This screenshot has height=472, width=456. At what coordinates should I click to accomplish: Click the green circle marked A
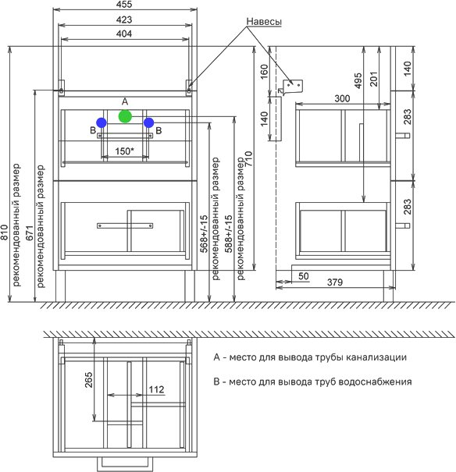(x=125, y=116)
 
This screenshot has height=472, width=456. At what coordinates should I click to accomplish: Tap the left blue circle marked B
(x=102, y=122)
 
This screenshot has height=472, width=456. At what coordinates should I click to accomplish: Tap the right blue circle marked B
(x=149, y=122)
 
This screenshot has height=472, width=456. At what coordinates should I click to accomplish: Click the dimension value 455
(x=124, y=5)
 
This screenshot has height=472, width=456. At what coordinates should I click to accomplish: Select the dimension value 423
(x=124, y=20)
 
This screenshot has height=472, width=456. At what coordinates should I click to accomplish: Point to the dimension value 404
(x=124, y=34)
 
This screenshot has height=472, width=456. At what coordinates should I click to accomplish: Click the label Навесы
(x=264, y=22)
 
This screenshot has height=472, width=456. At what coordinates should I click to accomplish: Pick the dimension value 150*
(x=124, y=151)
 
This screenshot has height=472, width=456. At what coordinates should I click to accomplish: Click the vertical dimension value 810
(x=5, y=232)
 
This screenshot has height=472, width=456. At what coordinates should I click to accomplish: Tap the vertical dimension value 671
(x=30, y=233)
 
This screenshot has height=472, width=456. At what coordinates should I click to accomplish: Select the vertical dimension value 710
(x=248, y=159)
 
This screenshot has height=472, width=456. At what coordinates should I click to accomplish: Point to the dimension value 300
(x=342, y=98)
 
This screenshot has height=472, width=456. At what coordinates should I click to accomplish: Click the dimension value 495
(x=358, y=80)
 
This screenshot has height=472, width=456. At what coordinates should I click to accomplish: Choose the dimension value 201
(x=373, y=79)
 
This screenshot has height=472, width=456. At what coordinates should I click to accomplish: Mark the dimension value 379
(x=335, y=282)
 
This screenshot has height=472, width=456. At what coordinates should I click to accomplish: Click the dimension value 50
(x=304, y=276)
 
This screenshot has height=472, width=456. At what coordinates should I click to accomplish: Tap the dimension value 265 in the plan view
(x=89, y=380)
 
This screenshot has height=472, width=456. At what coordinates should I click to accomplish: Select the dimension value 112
(x=157, y=389)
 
